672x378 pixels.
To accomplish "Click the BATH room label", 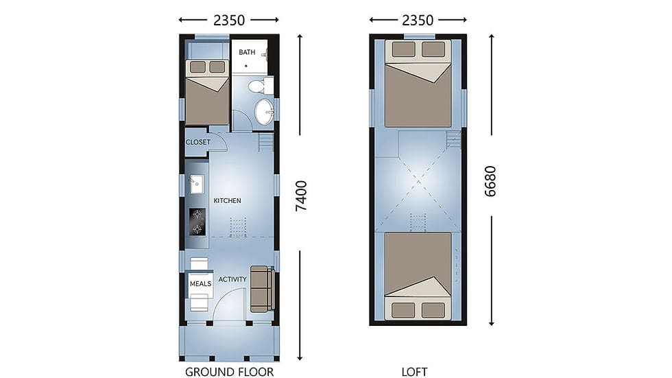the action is (247, 52).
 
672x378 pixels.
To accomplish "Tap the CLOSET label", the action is (198, 142).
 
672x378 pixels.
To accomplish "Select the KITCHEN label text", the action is (227, 200).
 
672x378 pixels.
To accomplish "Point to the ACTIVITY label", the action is (232, 279).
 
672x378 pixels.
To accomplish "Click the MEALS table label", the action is (200, 284).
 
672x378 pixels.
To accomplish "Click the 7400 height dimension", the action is (302, 196).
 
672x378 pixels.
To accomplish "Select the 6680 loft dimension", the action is (490, 181).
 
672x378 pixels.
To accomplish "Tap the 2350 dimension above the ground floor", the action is (229, 20).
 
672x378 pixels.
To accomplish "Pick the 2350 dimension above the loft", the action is (418, 20).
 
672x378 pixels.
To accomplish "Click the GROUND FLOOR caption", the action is (229, 372).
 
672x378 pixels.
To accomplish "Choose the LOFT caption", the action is (414, 372).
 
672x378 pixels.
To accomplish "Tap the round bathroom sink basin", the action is (264, 111).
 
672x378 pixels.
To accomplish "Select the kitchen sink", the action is (197, 184).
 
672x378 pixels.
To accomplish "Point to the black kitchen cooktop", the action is (197, 222).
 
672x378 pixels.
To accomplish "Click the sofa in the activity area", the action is (262, 289).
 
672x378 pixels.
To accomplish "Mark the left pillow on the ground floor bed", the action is (197, 67).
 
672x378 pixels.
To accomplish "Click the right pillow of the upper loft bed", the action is (433, 49).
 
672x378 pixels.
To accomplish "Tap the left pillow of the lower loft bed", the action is (403, 310).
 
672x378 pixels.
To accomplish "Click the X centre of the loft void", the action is (418, 182).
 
